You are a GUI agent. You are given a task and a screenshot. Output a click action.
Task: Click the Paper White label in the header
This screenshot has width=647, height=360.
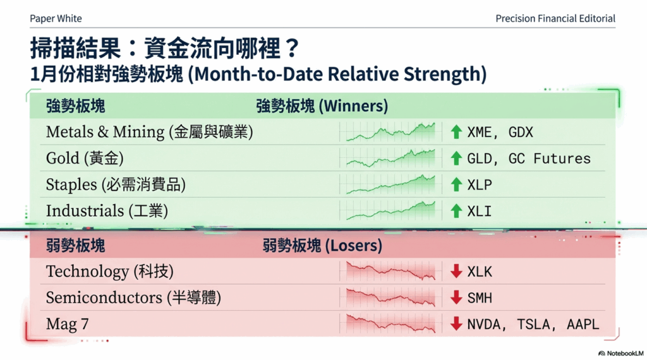[x=56, y=18]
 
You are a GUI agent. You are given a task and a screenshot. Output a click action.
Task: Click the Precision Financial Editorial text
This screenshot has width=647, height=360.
[x=555, y=18]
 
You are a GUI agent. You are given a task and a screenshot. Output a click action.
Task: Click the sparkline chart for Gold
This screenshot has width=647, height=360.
[x=390, y=158]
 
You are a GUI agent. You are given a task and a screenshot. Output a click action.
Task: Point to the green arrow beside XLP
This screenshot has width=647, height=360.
[x=456, y=184]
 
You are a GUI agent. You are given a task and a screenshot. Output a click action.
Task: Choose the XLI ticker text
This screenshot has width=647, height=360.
[x=480, y=211]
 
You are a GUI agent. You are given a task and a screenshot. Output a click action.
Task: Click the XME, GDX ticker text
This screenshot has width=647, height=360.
[x=500, y=132]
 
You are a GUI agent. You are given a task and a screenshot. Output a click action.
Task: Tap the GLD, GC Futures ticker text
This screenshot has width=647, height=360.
[x=529, y=159]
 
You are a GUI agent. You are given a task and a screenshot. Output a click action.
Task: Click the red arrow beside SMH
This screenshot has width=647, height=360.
[x=456, y=298]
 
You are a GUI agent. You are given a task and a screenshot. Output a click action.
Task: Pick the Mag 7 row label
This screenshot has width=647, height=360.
[x=67, y=325]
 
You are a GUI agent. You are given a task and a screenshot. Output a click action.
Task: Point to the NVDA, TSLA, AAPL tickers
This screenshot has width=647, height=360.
[x=533, y=325]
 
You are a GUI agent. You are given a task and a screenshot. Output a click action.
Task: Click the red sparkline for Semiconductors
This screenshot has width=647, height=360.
[x=390, y=297]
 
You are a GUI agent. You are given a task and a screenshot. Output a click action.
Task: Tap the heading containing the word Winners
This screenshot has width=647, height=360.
[x=322, y=106]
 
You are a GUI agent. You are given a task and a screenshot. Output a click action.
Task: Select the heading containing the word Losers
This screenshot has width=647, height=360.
[x=322, y=245]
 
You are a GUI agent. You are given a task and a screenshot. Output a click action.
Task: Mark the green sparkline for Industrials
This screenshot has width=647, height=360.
[x=390, y=210]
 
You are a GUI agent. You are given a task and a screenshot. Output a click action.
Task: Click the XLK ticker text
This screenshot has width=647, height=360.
[x=480, y=272]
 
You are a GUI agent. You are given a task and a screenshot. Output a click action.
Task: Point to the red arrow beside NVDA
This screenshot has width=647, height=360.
[x=456, y=325]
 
